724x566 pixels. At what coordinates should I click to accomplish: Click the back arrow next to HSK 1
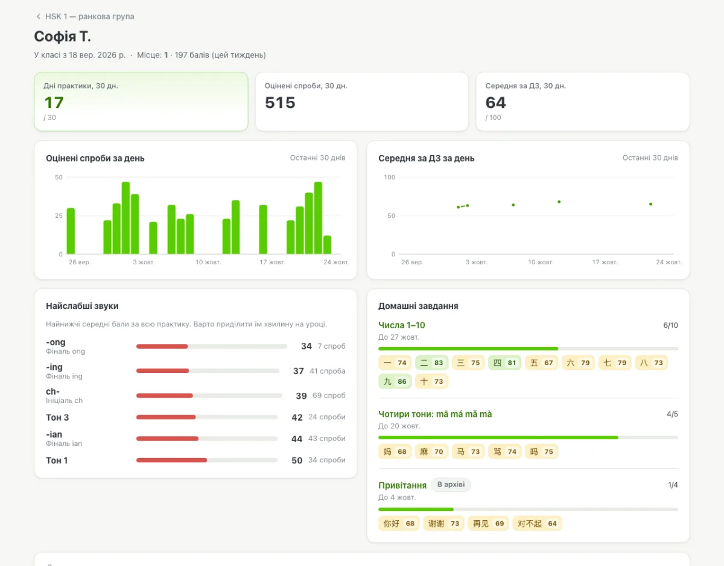[39, 16]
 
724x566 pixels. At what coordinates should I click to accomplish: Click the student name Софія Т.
[62, 36]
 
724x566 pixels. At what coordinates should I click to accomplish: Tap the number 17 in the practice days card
[54, 103]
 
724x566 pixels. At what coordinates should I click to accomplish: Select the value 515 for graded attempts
[280, 103]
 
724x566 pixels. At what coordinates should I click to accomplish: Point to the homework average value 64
[495, 103]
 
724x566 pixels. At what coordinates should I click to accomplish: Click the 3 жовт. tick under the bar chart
[144, 262]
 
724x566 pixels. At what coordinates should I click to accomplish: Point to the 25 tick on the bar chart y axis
[59, 215]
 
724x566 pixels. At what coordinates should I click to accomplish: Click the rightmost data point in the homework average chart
[650, 204]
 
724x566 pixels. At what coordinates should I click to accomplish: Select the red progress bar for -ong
[162, 346]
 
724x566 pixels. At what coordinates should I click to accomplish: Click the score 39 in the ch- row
[301, 396]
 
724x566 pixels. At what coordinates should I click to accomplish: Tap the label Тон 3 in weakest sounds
[57, 418]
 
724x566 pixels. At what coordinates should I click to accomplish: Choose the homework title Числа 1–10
[401, 325]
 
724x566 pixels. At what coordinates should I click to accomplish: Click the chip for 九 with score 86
[395, 381]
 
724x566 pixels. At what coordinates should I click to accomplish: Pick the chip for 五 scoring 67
[541, 363]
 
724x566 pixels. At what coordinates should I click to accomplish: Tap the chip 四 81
[505, 363]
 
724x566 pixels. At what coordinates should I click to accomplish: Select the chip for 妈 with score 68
[395, 452]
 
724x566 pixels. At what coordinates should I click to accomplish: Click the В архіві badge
[451, 485]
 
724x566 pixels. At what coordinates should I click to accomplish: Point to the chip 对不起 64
[537, 524]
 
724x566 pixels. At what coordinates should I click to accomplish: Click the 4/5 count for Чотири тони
[672, 414]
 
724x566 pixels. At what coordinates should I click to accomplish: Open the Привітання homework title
[402, 485]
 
